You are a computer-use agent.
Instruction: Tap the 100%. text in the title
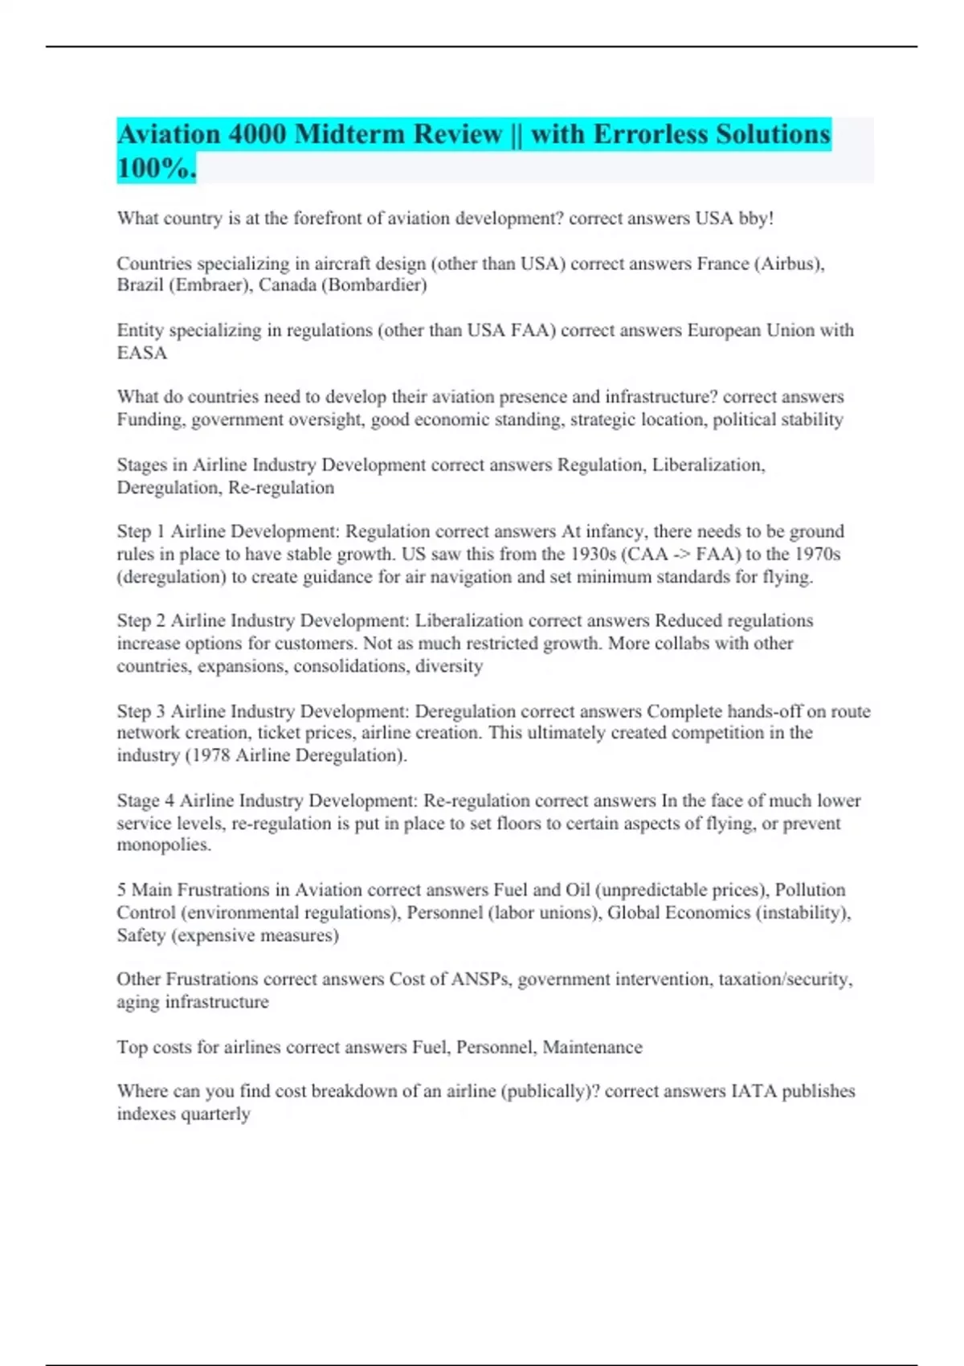coord(157,168)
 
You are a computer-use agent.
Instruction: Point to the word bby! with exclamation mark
coord(756,219)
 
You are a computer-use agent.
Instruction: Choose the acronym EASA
coord(142,353)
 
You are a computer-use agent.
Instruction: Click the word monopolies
coord(163,845)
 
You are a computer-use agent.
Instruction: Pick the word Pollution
coord(810,890)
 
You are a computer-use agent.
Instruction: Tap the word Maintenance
coord(593,1048)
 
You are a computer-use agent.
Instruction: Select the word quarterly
coord(216,1114)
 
